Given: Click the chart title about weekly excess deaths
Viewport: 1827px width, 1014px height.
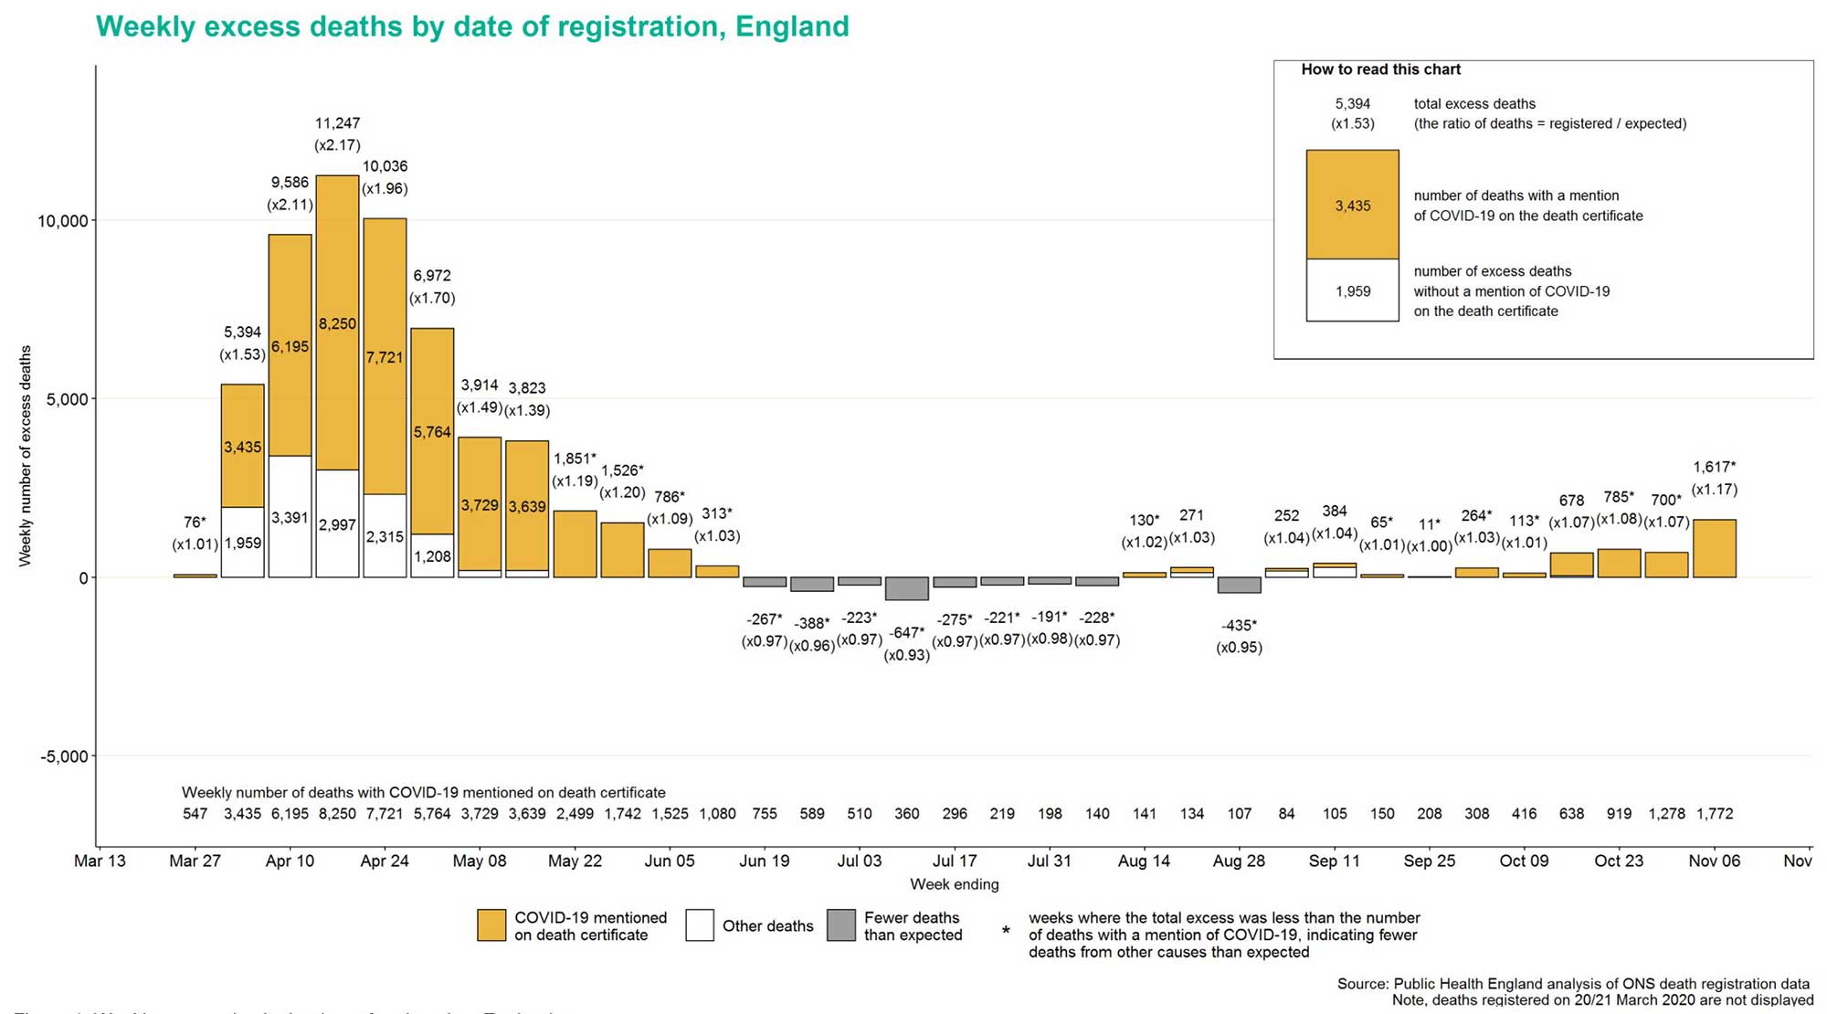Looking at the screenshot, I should point(472,26).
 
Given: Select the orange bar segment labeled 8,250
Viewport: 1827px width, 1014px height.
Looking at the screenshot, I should point(337,323).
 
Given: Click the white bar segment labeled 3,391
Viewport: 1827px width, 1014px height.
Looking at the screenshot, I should point(290,517).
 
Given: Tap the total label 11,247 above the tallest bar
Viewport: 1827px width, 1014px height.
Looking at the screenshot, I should point(337,123).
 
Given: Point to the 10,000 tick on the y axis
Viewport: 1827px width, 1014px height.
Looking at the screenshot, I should point(62,221).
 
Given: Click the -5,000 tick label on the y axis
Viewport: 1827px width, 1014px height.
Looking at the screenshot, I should point(64,756).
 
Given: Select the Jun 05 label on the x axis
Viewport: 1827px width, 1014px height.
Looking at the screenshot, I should point(670,861).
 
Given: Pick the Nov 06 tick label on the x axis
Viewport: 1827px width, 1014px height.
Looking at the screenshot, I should point(1714,861).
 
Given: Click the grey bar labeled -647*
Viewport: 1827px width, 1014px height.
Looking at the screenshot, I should point(906,588).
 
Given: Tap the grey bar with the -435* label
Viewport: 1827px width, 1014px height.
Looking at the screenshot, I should point(1239,585).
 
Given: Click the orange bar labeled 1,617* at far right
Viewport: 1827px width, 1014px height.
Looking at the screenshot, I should point(1714,548).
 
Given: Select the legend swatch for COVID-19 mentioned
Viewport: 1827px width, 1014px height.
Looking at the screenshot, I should point(491,925).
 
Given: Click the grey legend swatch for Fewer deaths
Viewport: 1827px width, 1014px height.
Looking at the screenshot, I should point(840,925).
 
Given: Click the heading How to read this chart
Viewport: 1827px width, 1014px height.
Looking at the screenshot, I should point(1380,69).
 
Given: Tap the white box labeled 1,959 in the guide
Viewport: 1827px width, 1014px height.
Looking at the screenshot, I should point(1352,290).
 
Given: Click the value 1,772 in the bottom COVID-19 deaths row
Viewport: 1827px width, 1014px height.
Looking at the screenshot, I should point(1714,813).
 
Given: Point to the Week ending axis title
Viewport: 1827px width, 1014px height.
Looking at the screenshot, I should point(954,884).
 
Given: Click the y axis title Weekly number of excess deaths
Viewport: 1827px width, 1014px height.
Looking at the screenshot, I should point(26,456).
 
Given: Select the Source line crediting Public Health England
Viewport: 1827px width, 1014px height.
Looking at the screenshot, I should point(1572,984).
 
